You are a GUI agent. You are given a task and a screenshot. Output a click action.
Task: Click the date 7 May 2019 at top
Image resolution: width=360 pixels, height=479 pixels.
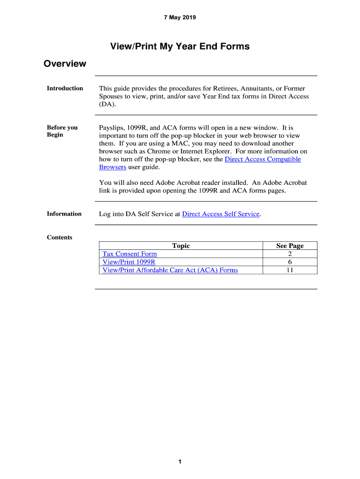click(x=180, y=18)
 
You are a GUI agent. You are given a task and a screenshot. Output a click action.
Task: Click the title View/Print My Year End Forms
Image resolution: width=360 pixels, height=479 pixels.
click(x=180, y=46)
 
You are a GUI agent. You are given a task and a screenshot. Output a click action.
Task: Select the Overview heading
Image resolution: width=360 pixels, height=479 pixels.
click(x=65, y=64)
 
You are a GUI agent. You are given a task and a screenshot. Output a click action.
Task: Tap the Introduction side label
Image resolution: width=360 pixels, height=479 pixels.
click(x=65, y=88)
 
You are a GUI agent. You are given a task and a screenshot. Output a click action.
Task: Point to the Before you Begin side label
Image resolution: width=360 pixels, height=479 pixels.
click(x=62, y=131)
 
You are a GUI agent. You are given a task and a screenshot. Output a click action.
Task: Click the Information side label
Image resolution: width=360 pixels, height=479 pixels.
click(x=64, y=214)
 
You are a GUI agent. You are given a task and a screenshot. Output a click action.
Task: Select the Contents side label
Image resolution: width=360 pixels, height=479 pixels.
click(x=59, y=237)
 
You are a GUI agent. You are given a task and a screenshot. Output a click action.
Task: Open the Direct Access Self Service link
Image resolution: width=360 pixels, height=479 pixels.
click(x=221, y=214)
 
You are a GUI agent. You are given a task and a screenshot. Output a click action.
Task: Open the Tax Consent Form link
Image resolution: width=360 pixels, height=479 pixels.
click(x=130, y=254)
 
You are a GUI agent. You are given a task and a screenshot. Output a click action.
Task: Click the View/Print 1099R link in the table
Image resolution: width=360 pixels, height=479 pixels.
click(x=129, y=262)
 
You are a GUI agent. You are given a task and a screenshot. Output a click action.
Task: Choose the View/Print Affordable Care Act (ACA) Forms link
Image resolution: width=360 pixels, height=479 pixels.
click(x=170, y=270)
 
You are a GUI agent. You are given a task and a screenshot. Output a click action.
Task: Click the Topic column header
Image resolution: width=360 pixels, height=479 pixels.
click(x=181, y=246)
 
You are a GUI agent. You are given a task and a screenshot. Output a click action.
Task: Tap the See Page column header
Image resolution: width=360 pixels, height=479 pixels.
click(x=290, y=246)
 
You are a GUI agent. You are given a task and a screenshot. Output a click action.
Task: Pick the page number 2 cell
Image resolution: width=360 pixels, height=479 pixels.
click(x=290, y=254)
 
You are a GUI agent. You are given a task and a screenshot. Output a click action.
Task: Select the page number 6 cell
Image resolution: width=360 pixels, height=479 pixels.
click(x=290, y=262)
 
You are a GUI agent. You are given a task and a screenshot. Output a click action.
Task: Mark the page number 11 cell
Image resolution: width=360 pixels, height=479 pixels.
click(x=290, y=270)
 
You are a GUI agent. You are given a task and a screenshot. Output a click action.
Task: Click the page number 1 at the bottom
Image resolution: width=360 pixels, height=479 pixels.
click(x=180, y=462)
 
